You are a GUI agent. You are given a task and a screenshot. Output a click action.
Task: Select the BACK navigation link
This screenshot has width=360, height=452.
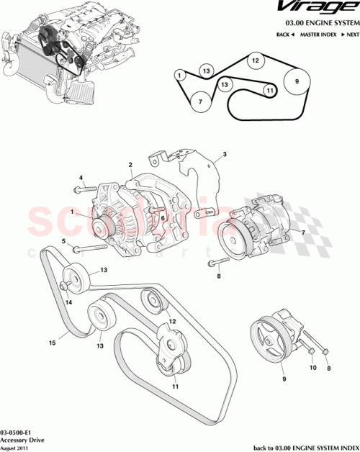click(286, 35)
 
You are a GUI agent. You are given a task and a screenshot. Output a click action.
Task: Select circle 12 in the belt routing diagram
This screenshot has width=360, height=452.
click(254, 62)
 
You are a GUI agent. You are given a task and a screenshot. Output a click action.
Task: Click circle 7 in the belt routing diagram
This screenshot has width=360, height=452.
click(201, 102)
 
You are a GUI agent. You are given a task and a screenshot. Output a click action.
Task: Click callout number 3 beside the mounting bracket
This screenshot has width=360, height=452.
click(224, 154)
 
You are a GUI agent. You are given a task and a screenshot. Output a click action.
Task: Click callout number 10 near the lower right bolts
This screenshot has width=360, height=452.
click(312, 368)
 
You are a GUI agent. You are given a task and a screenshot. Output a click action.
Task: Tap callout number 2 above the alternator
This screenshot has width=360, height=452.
click(130, 164)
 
